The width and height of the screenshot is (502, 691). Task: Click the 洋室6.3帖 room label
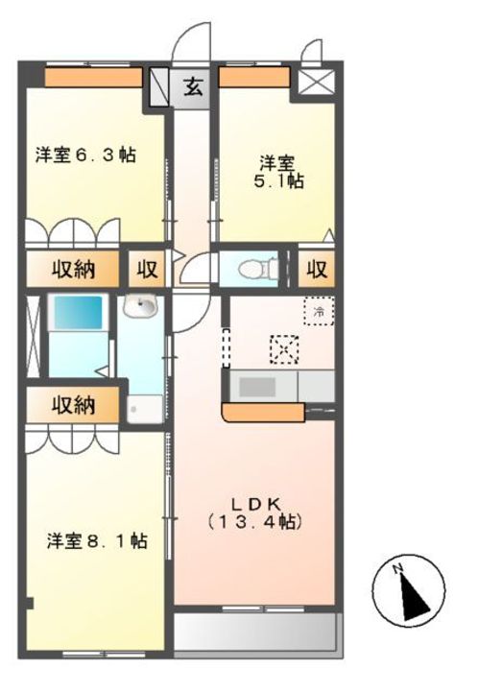pyautogui.click(x=85, y=155)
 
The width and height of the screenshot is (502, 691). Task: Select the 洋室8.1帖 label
pyautogui.click(x=97, y=541)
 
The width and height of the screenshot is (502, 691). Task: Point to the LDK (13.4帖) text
pyautogui.click(x=255, y=512)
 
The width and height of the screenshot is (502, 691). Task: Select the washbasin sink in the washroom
pyautogui.click(x=143, y=308)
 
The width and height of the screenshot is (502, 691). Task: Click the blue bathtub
pyautogui.click(x=76, y=315)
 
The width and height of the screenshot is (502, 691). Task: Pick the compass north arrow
pyautogui.click(x=410, y=586)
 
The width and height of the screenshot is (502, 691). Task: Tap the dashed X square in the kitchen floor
pyautogui.click(x=283, y=347)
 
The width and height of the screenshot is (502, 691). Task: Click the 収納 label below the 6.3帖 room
pyautogui.click(x=73, y=270)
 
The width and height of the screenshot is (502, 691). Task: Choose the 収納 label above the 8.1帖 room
pyautogui.click(x=73, y=405)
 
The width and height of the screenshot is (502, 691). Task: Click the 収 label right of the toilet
pyautogui.click(x=317, y=270)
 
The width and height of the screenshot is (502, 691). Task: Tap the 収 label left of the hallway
pyautogui.click(x=147, y=270)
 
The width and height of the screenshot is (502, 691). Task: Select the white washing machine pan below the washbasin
pyautogui.click(x=143, y=407)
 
